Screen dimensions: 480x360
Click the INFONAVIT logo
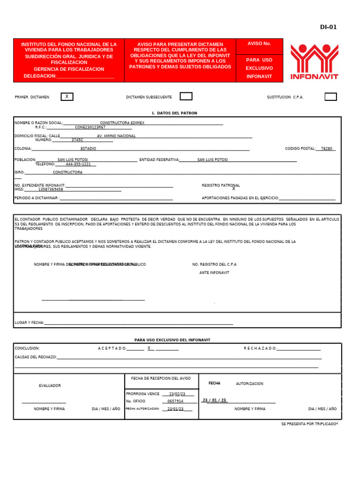click(x=314, y=61)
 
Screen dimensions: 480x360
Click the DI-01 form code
click(x=328, y=27)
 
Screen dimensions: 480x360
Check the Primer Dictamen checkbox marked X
click(x=67, y=97)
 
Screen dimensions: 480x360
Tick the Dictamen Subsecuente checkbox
click(x=186, y=97)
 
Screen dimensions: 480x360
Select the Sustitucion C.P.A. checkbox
click(x=330, y=97)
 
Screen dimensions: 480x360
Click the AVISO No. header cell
click(x=259, y=44)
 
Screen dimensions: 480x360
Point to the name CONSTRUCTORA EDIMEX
click(x=122, y=123)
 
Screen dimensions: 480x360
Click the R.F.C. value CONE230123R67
click(x=90, y=127)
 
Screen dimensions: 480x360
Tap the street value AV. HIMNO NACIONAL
click(x=116, y=136)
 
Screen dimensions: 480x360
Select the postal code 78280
click(x=327, y=149)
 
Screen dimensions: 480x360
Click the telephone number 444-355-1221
click(x=78, y=164)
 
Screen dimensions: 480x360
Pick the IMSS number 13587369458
click(x=51, y=189)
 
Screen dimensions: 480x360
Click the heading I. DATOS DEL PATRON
click(x=175, y=113)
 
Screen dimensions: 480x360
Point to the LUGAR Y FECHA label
click(x=30, y=322)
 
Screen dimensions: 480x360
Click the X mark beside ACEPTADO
click(x=149, y=348)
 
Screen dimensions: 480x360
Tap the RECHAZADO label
click(x=260, y=348)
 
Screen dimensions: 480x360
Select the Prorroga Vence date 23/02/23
click(x=177, y=394)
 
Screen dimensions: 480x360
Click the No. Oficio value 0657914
click(x=175, y=401)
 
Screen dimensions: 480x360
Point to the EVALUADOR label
click(x=50, y=386)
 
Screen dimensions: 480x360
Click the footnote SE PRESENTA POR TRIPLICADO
click(x=309, y=424)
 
